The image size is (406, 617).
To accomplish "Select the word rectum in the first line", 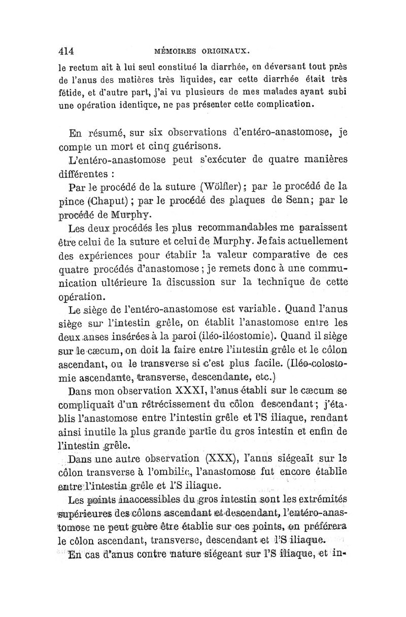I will (x=83, y=66).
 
